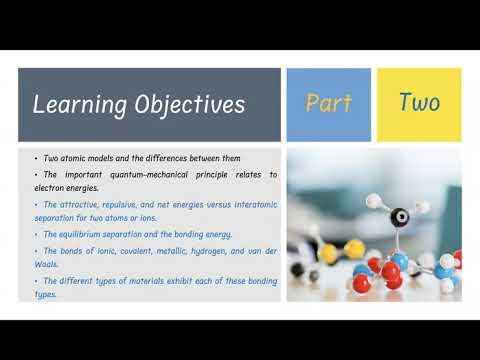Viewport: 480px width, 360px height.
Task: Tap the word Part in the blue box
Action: pos(328,104)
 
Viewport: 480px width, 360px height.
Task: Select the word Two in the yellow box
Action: pos(419,102)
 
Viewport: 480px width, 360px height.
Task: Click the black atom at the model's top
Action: pos(399,215)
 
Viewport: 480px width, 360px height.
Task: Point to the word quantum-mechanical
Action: pos(124,175)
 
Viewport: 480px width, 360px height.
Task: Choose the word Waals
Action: pos(36,264)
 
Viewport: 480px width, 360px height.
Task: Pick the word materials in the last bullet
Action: pos(135,280)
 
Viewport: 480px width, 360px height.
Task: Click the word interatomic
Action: pos(250,204)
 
